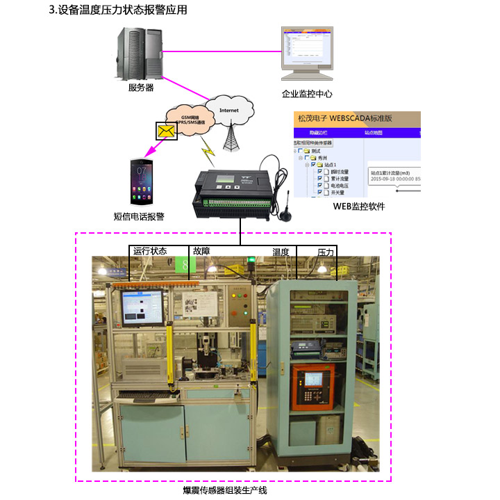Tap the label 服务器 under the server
point(141,88)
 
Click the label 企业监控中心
point(307,92)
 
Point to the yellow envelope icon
point(166,130)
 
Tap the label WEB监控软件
point(358,206)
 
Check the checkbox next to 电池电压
point(319,185)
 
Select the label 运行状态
point(150,251)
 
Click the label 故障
point(201,251)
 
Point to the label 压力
point(326,251)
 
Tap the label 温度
point(280,251)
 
